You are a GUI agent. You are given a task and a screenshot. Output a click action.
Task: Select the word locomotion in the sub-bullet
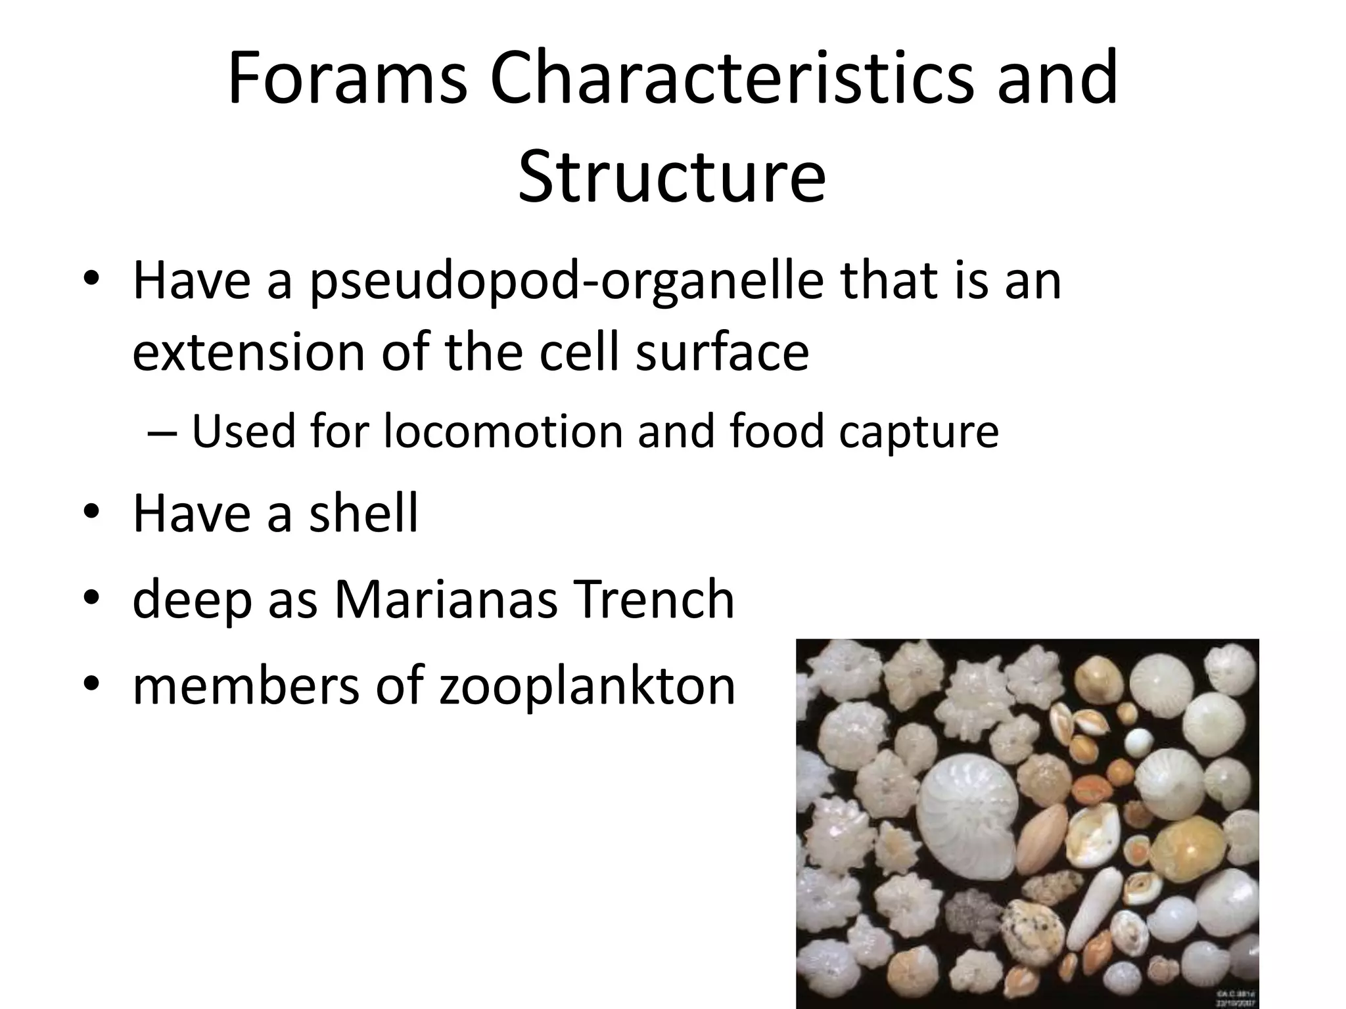503,432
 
